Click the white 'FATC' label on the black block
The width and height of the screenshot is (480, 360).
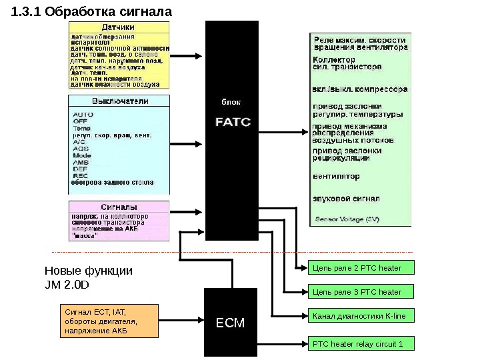(233, 123)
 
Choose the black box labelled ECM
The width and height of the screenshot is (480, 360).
(231, 323)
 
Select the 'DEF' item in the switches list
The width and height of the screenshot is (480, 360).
(80, 169)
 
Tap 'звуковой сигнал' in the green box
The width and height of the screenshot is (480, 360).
(347, 199)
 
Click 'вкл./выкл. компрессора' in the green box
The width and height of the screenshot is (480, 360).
(360, 89)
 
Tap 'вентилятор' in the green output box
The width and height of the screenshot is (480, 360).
(336, 177)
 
